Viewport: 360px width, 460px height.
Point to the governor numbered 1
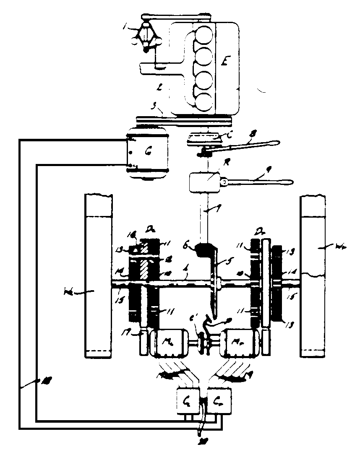pos(145,37)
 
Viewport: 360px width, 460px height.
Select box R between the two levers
pos(204,182)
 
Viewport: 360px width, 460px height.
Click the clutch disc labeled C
pos(203,138)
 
